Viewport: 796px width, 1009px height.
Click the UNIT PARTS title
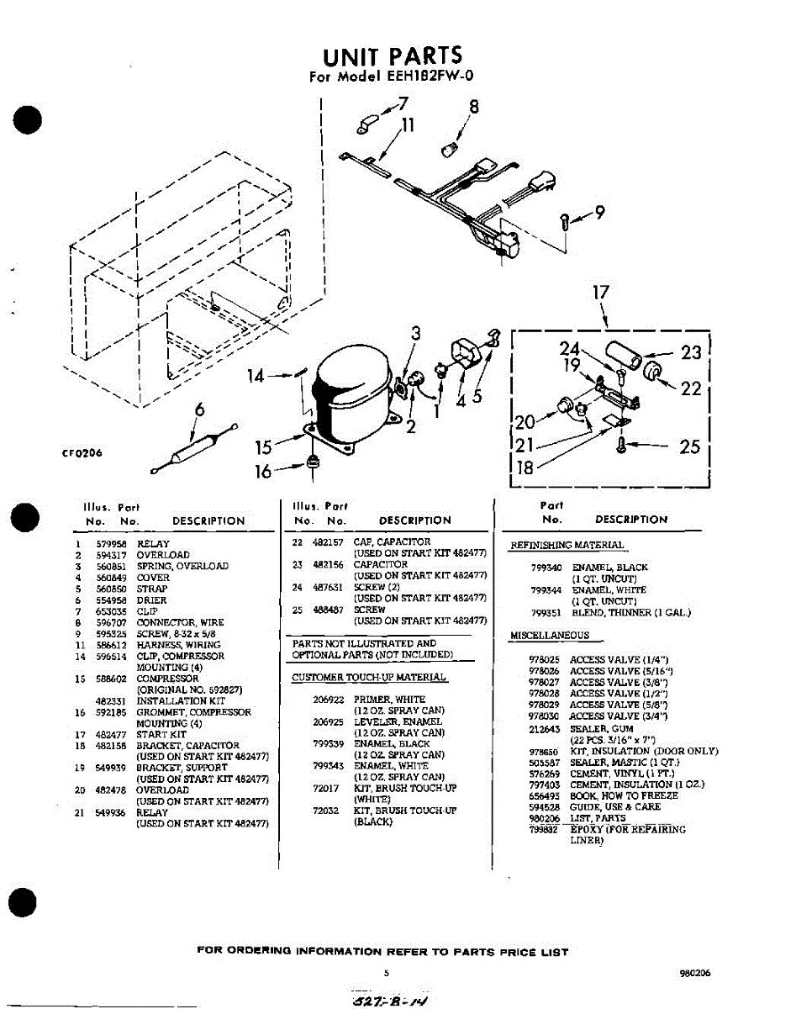(x=393, y=55)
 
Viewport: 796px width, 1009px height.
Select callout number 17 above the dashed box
(x=600, y=293)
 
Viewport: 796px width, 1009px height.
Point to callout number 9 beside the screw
(x=598, y=214)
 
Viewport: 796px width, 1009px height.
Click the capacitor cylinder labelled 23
(x=627, y=347)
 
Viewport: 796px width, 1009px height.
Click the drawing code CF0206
(x=82, y=453)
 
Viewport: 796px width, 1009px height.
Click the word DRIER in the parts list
(x=151, y=600)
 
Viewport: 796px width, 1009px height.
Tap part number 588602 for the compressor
(x=110, y=679)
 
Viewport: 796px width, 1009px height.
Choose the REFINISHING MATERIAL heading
(x=567, y=546)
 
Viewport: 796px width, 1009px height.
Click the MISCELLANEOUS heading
(x=550, y=636)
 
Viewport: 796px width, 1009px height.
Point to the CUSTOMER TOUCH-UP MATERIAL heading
(x=369, y=678)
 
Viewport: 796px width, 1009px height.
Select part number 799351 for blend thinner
(x=547, y=613)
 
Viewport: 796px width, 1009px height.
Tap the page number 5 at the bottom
(x=386, y=972)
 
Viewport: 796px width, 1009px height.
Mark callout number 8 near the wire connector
(x=473, y=107)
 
